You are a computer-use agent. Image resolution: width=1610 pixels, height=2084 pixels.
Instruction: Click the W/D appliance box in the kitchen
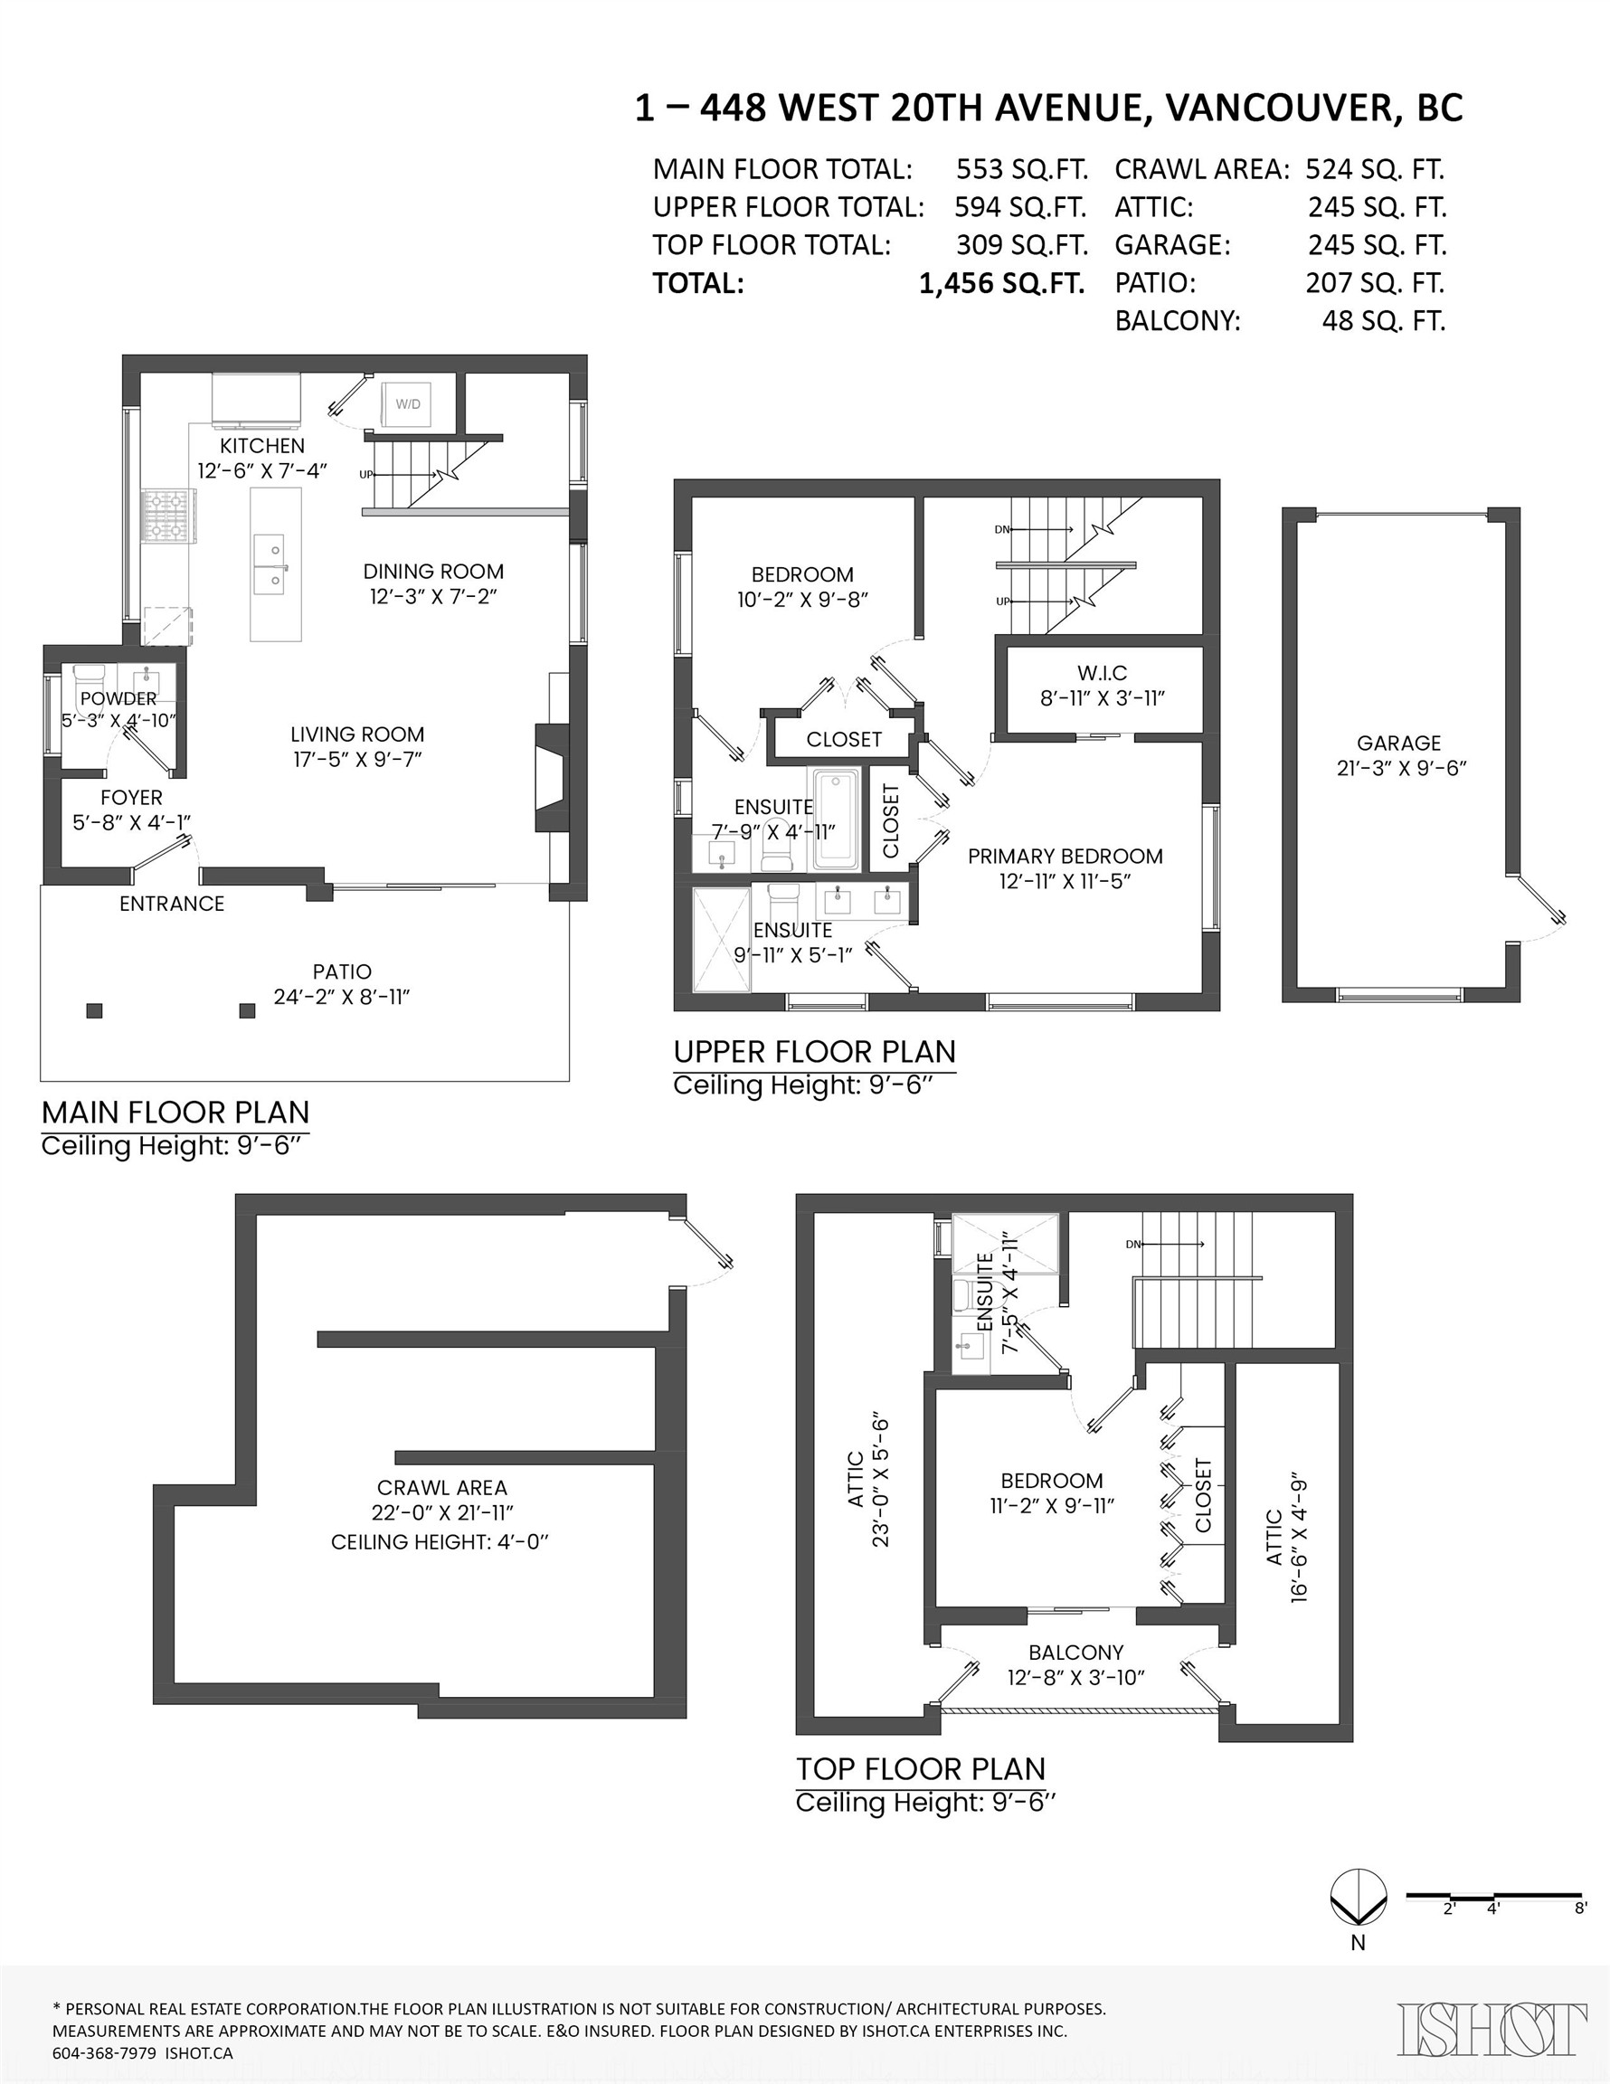[x=408, y=403]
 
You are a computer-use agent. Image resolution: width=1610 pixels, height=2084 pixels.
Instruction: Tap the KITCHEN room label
[x=262, y=446]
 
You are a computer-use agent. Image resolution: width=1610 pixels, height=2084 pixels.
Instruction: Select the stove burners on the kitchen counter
[x=169, y=516]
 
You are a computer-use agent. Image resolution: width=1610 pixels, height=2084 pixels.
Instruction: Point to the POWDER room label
[x=118, y=698]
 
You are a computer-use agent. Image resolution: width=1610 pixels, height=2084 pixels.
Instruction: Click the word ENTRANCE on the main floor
[x=172, y=904]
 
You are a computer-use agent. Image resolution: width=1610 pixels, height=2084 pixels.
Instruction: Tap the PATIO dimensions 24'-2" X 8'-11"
[x=342, y=997]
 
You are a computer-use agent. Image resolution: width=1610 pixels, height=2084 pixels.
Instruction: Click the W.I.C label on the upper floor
[x=1103, y=673]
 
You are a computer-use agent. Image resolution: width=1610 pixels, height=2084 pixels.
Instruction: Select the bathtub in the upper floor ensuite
[x=836, y=819]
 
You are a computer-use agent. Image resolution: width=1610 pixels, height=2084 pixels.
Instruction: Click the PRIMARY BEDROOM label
[x=1065, y=856]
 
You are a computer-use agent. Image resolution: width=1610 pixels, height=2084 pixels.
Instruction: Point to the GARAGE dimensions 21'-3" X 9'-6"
[x=1400, y=768]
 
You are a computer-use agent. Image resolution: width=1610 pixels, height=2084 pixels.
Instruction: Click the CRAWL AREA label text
[x=442, y=1488]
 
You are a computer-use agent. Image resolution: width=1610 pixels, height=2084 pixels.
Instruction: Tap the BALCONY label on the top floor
[x=1075, y=1653]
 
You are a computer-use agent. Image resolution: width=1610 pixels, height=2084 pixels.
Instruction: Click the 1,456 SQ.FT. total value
[x=1001, y=283]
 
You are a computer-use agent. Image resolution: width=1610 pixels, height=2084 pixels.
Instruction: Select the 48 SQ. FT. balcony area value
[x=1383, y=320]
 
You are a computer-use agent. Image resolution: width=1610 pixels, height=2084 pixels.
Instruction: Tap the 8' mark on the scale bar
[x=1580, y=1909]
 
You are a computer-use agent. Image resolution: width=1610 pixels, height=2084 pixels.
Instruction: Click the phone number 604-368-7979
[x=104, y=2052]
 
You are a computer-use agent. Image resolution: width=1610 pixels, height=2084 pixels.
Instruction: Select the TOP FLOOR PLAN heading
[x=921, y=1769]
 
